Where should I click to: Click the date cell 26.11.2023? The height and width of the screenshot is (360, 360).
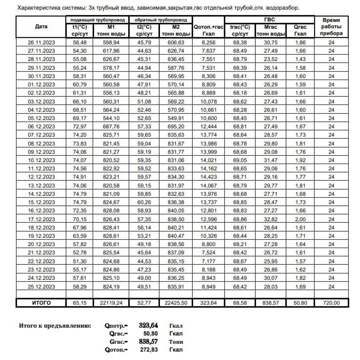[41, 43]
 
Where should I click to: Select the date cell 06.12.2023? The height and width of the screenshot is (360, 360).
[41, 126]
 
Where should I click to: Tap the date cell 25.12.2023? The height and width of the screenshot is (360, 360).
[41, 286]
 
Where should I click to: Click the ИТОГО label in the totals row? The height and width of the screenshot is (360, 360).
[41, 303]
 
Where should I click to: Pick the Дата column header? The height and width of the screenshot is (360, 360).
[41, 27]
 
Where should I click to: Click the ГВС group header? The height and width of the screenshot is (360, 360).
[269, 20]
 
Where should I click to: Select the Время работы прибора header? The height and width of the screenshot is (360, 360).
[331, 27]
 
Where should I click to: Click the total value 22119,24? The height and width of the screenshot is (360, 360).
[112, 303]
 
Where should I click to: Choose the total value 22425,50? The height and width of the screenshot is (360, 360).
[176, 303]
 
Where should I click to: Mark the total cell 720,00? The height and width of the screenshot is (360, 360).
[331, 303]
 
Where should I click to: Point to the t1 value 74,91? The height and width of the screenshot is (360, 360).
[80, 176]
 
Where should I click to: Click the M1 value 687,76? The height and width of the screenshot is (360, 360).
[112, 126]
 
